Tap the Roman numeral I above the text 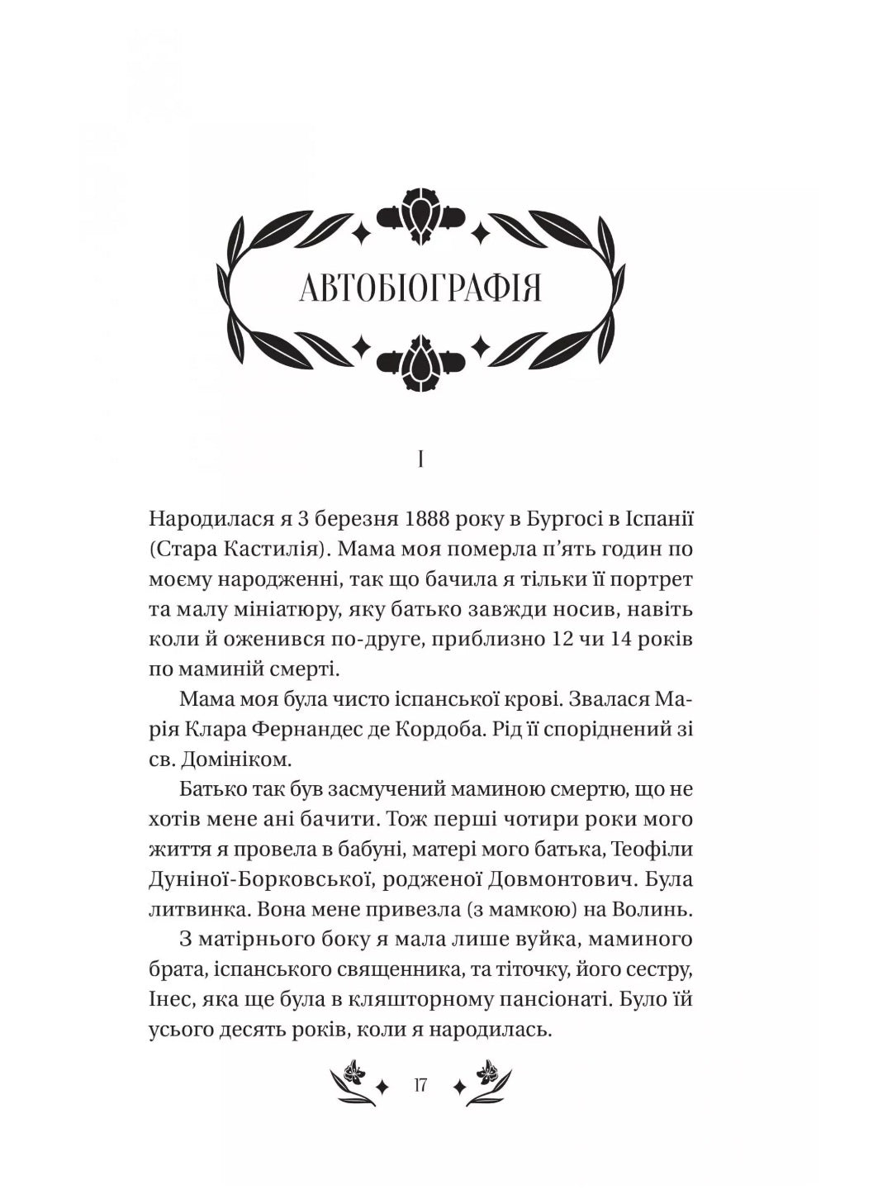[421, 459]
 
